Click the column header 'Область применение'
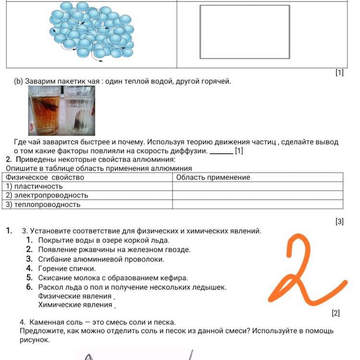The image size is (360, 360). pyautogui.click(x=213, y=177)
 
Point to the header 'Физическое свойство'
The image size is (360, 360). pyautogui.click(x=45, y=177)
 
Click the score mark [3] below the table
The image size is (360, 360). pyautogui.click(x=339, y=222)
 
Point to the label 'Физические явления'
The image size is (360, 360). pyautogui.click(x=75, y=296)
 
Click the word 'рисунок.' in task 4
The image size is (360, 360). pyautogui.click(x=35, y=340)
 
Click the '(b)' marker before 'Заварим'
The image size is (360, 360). pyautogui.click(x=19, y=81)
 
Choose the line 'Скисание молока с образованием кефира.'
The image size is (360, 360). pyautogui.click(x=113, y=277)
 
